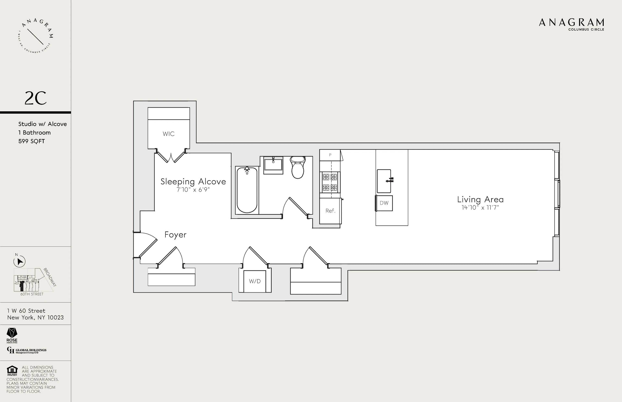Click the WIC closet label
coord(168,134)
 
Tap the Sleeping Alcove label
coord(193,181)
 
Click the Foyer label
coord(175,235)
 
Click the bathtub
coord(247,190)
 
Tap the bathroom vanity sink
coord(273,165)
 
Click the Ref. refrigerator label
coord(330,211)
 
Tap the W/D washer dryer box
coord(255,281)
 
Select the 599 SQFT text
coord(32,141)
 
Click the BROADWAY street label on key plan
coord(50,277)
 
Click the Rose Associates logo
coord(12,335)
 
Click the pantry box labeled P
coord(330,155)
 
